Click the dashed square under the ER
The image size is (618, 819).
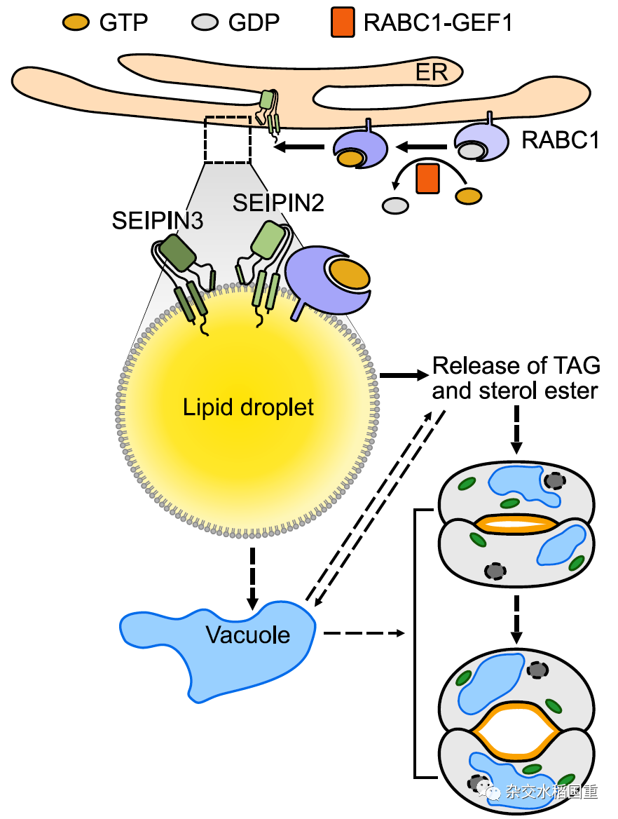227,139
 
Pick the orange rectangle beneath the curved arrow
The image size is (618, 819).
427,178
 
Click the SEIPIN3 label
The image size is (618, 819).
158,221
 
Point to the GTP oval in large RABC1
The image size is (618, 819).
350,275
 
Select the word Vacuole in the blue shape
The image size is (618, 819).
248,635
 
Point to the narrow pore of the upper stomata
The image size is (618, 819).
516,523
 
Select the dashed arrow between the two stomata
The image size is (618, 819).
516,619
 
